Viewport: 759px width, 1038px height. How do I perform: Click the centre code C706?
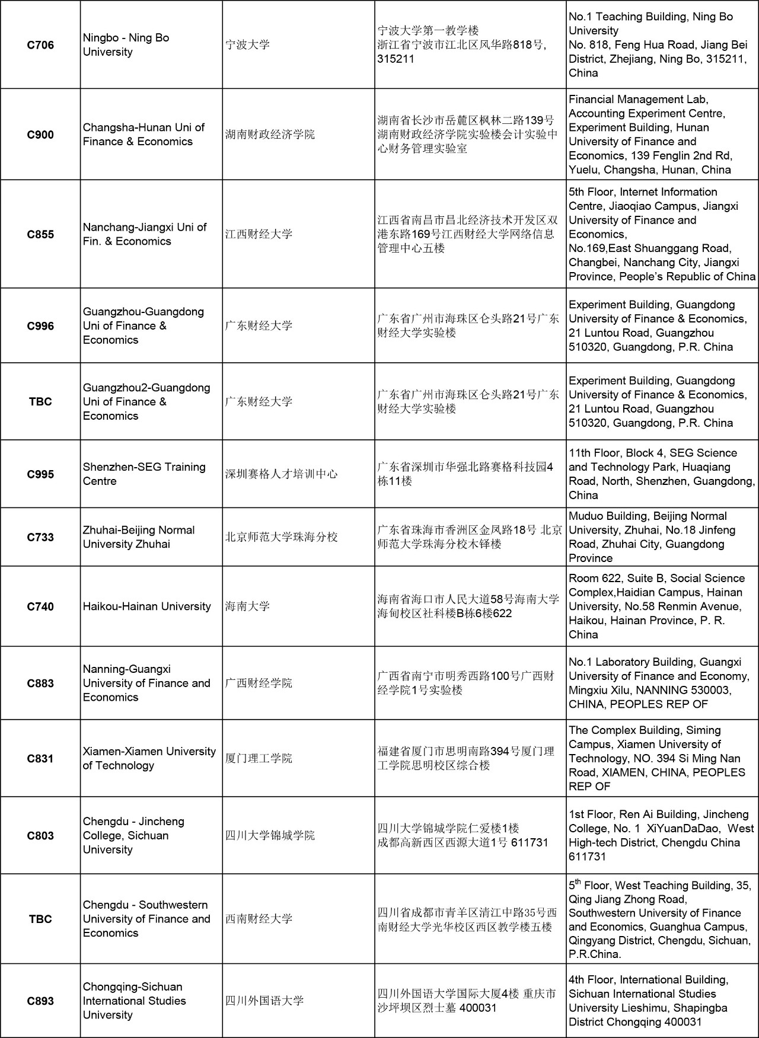(40, 45)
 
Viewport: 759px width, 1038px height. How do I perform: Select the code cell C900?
(40, 135)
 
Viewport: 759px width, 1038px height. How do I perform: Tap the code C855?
(40, 234)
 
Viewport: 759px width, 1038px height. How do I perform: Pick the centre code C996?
(40, 325)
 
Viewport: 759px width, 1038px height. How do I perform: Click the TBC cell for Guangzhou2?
(40, 401)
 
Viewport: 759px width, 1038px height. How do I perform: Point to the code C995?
(40, 474)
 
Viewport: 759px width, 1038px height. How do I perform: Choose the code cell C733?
(40, 537)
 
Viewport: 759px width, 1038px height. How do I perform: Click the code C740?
(40, 606)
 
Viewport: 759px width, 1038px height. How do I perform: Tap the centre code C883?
(40, 683)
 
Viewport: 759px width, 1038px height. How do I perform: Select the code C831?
(40, 758)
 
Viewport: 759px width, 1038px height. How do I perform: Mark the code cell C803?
(40, 835)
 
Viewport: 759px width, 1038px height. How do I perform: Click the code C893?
(40, 1001)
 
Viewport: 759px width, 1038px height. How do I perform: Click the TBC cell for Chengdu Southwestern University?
(40, 919)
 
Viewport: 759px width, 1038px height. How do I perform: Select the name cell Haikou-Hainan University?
(146, 606)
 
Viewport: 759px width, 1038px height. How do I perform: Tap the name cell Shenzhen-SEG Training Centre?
(144, 474)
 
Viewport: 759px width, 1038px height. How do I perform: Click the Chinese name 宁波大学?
(248, 45)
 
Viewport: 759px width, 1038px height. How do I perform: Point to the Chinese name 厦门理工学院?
(259, 758)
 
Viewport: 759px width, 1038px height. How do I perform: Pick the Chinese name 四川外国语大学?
(264, 1001)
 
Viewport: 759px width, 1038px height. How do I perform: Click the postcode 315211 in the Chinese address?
(396, 59)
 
